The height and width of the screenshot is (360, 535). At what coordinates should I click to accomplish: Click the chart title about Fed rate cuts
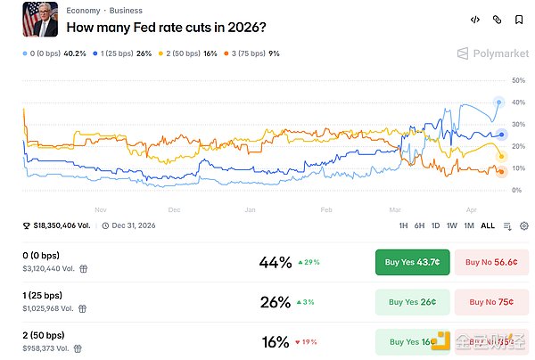pyautogui.click(x=166, y=28)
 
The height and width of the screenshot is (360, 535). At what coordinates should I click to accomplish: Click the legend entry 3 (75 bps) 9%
pyautogui.click(x=252, y=53)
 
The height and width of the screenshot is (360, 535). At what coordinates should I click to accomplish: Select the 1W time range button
pyautogui.click(x=451, y=226)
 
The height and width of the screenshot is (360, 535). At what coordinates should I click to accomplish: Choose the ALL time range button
pyautogui.click(x=487, y=226)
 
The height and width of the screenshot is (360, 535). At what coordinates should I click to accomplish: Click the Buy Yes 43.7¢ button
pyautogui.click(x=411, y=262)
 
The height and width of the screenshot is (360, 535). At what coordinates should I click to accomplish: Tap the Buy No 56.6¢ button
pyautogui.click(x=491, y=262)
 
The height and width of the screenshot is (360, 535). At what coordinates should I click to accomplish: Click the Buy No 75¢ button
pyautogui.click(x=491, y=302)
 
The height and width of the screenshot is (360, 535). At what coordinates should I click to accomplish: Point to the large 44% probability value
pyautogui.click(x=275, y=262)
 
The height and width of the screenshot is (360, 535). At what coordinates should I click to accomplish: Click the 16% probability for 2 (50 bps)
pyautogui.click(x=275, y=342)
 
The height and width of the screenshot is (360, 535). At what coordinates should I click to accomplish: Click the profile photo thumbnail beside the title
pyautogui.click(x=40, y=20)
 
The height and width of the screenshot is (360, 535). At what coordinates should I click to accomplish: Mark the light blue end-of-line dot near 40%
pyautogui.click(x=498, y=102)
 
